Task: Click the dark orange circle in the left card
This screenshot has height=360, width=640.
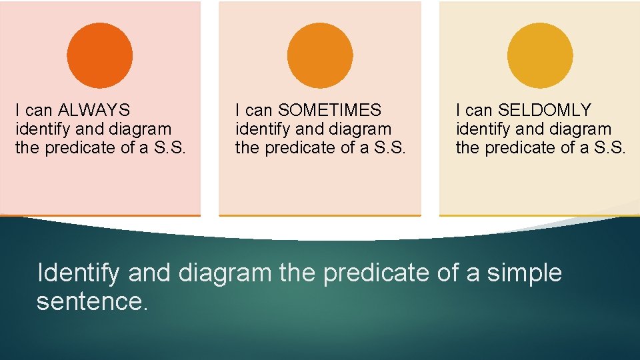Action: tap(100, 55)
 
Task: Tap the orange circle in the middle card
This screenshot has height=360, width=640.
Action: tap(320, 55)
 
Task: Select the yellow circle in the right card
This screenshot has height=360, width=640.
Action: tap(540, 55)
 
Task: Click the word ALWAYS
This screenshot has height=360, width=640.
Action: tap(94, 110)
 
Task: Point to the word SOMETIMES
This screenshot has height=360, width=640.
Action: tap(329, 110)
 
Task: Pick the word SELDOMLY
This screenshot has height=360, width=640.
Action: tap(545, 110)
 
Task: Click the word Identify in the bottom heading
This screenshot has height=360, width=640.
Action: tap(78, 273)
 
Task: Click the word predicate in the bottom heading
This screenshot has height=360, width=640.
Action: tap(376, 273)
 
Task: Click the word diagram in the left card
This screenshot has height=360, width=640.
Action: tap(139, 129)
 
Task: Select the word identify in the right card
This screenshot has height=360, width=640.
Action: tap(480, 129)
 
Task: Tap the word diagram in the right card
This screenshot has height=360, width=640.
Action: tap(579, 129)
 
